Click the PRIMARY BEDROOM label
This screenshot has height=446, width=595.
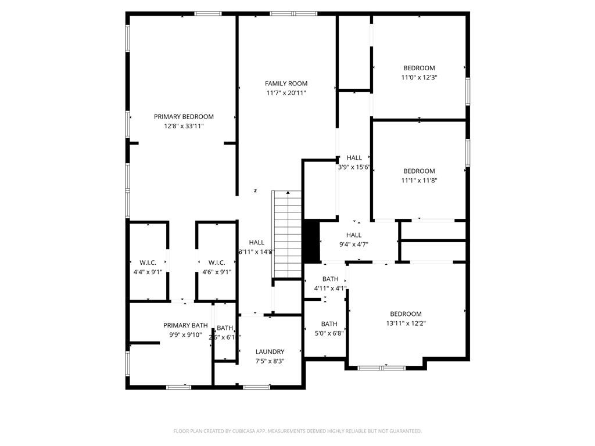pos(184,117)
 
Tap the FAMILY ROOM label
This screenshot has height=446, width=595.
pos(286,84)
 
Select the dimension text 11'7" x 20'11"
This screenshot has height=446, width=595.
pos(286,93)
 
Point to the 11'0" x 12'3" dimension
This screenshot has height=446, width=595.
pos(420,77)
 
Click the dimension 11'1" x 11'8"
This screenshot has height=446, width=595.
pos(420,181)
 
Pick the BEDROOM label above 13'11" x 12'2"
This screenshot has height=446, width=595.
pos(406,314)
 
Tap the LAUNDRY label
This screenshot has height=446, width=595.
pos(270,352)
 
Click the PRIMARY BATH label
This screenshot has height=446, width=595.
pos(185,325)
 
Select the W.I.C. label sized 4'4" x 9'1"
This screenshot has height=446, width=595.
pos(148,263)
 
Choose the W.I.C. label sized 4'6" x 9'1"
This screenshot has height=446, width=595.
pos(217,263)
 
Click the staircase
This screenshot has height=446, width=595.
pos(287,235)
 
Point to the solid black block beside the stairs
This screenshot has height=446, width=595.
pos(311,241)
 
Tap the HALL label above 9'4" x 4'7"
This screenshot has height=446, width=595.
pos(354,235)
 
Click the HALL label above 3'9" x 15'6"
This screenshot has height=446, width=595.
pos(354,158)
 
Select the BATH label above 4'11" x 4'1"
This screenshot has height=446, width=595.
pos(330,279)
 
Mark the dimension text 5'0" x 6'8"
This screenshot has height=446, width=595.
pos(329,333)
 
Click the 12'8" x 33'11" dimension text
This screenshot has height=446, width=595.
pos(184,126)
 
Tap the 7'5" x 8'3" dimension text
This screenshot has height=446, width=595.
pos(270,361)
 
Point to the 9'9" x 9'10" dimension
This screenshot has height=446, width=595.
pos(185,335)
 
